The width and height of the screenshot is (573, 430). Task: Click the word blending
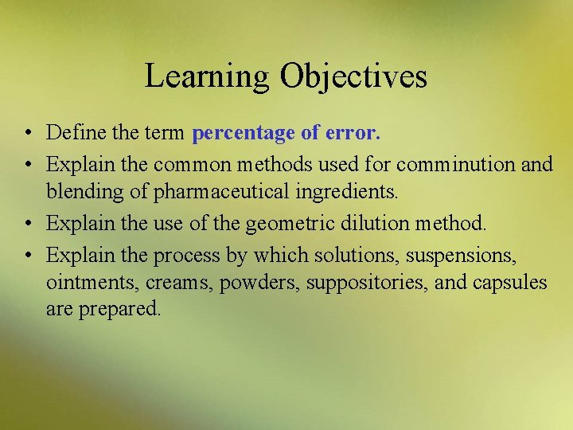[x=80, y=192]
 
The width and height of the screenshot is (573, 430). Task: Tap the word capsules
[x=510, y=283]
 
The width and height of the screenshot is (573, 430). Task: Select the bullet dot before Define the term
[x=28, y=132]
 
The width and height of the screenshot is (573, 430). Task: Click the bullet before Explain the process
[x=28, y=256]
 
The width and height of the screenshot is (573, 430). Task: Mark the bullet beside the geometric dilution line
[x=28, y=224]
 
